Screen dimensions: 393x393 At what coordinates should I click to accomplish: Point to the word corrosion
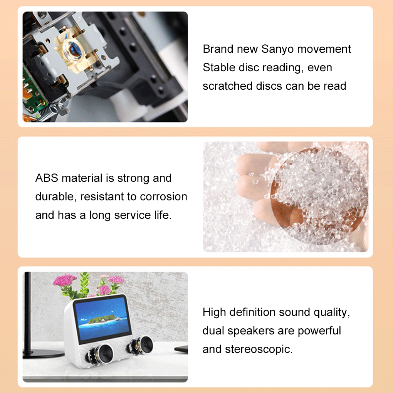tap(163, 197)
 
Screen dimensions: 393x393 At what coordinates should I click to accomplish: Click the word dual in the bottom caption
tap(213, 331)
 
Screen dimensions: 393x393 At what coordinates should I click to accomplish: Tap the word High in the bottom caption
tap(214, 312)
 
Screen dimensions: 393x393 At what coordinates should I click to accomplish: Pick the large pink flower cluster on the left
tap(65, 280)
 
